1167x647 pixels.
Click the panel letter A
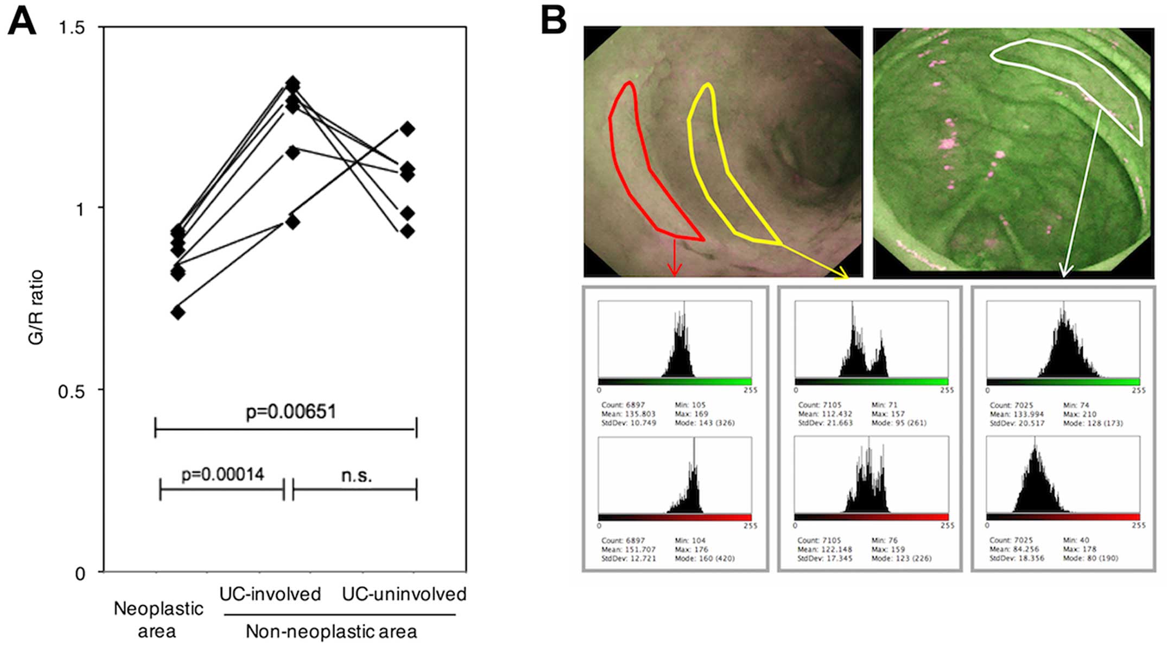(22, 23)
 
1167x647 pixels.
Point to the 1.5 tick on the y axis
(72, 27)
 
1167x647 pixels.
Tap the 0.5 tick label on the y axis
(72, 391)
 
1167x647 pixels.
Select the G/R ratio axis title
(36, 307)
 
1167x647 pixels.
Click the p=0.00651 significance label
(291, 412)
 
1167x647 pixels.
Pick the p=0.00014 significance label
(223, 475)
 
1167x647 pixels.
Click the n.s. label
(357, 475)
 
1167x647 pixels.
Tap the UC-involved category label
(270, 594)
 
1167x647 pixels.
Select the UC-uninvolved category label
(404, 594)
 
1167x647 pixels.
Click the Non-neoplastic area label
(331, 631)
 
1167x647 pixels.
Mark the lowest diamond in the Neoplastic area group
(177, 312)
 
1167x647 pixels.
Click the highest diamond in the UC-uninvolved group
(407, 129)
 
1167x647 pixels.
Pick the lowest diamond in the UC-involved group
(293, 222)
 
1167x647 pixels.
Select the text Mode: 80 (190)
(1090, 558)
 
